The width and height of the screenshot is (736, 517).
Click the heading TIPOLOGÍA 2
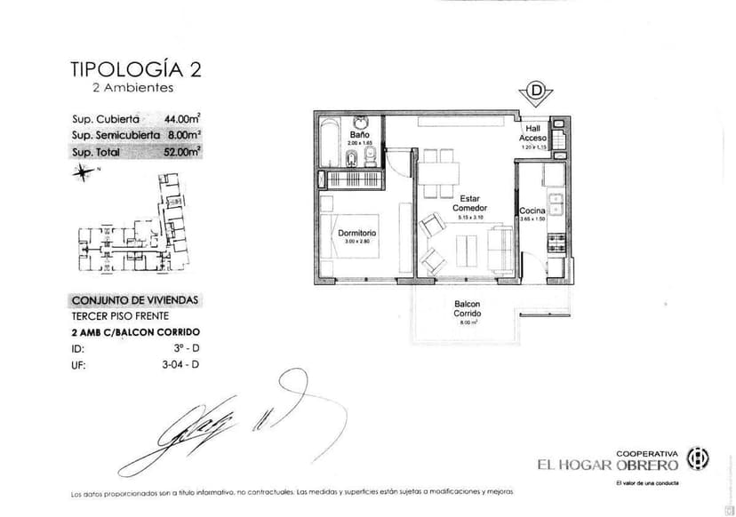(135, 69)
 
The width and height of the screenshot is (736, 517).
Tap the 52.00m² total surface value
(182, 152)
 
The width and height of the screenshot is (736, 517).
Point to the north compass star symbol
(82, 173)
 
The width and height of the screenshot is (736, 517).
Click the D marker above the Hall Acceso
(535, 90)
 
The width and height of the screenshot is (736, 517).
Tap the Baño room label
(357, 135)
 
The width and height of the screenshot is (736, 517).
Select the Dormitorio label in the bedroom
(357, 234)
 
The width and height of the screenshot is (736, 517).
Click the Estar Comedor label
(469, 203)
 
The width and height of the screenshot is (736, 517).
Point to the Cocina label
(532, 211)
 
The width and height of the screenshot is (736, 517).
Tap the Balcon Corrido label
(468, 308)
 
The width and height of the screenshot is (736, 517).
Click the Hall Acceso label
(532, 133)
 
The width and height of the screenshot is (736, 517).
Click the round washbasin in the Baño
(361, 123)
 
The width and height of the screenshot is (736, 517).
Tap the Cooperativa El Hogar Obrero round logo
(699, 458)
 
